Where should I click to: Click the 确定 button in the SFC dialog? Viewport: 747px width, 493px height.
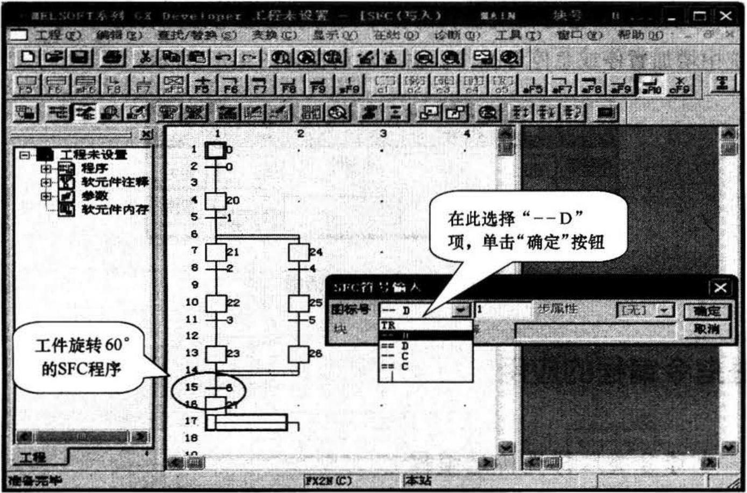coord(707,311)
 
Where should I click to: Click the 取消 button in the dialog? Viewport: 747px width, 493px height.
coord(707,328)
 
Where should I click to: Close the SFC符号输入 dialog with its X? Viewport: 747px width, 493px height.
coord(720,288)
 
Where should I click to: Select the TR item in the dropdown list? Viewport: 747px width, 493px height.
coord(389,325)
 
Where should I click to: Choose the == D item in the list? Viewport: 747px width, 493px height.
coord(396,346)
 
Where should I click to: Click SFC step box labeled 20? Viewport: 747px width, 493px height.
coord(216,201)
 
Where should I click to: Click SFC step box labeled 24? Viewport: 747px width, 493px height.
coord(298,252)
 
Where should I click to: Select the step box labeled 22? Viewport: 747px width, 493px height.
coord(216,303)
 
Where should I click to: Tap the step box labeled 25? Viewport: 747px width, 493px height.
coord(298,303)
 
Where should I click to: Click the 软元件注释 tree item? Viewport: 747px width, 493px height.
coord(115,182)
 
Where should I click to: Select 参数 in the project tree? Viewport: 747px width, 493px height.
coord(95,196)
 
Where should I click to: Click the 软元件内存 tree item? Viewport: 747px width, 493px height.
coord(115,210)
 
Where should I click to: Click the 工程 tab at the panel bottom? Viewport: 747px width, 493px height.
coord(33,457)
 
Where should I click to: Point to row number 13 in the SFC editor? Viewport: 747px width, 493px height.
coord(192,353)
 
